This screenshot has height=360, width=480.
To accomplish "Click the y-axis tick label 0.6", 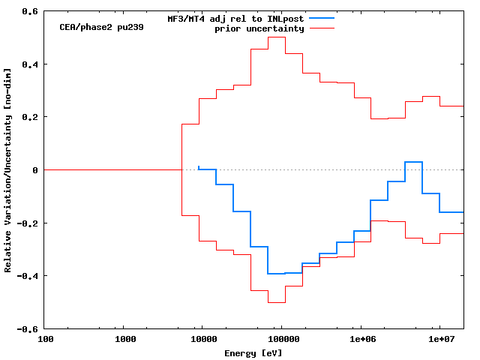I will [x=31, y=12].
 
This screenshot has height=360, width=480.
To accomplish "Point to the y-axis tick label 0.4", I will [x=31, y=64].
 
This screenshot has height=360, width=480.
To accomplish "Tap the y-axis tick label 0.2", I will [x=31, y=118].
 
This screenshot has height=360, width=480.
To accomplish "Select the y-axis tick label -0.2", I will [x=28, y=223].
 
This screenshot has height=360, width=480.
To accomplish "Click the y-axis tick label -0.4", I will [x=28, y=276].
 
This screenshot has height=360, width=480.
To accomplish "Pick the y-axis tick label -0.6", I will [x=28, y=329].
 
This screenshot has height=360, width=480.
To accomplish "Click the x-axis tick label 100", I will [x=45, y=340].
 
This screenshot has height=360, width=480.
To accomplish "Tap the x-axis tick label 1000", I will [x=125, y=340].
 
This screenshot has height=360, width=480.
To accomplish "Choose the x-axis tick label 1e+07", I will [x=440, y=340].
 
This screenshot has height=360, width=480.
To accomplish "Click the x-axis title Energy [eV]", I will [x=253, y=352].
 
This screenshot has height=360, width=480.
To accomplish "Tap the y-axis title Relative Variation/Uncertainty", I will [x=7, y=170].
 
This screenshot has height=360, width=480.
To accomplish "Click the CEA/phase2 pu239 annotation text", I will [x=101, y=27].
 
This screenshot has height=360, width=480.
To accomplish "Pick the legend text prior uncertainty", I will [x=259, y=28].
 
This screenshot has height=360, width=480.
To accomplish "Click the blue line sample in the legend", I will [x=320, y=19].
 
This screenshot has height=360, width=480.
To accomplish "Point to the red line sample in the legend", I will [x=320, y=28].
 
